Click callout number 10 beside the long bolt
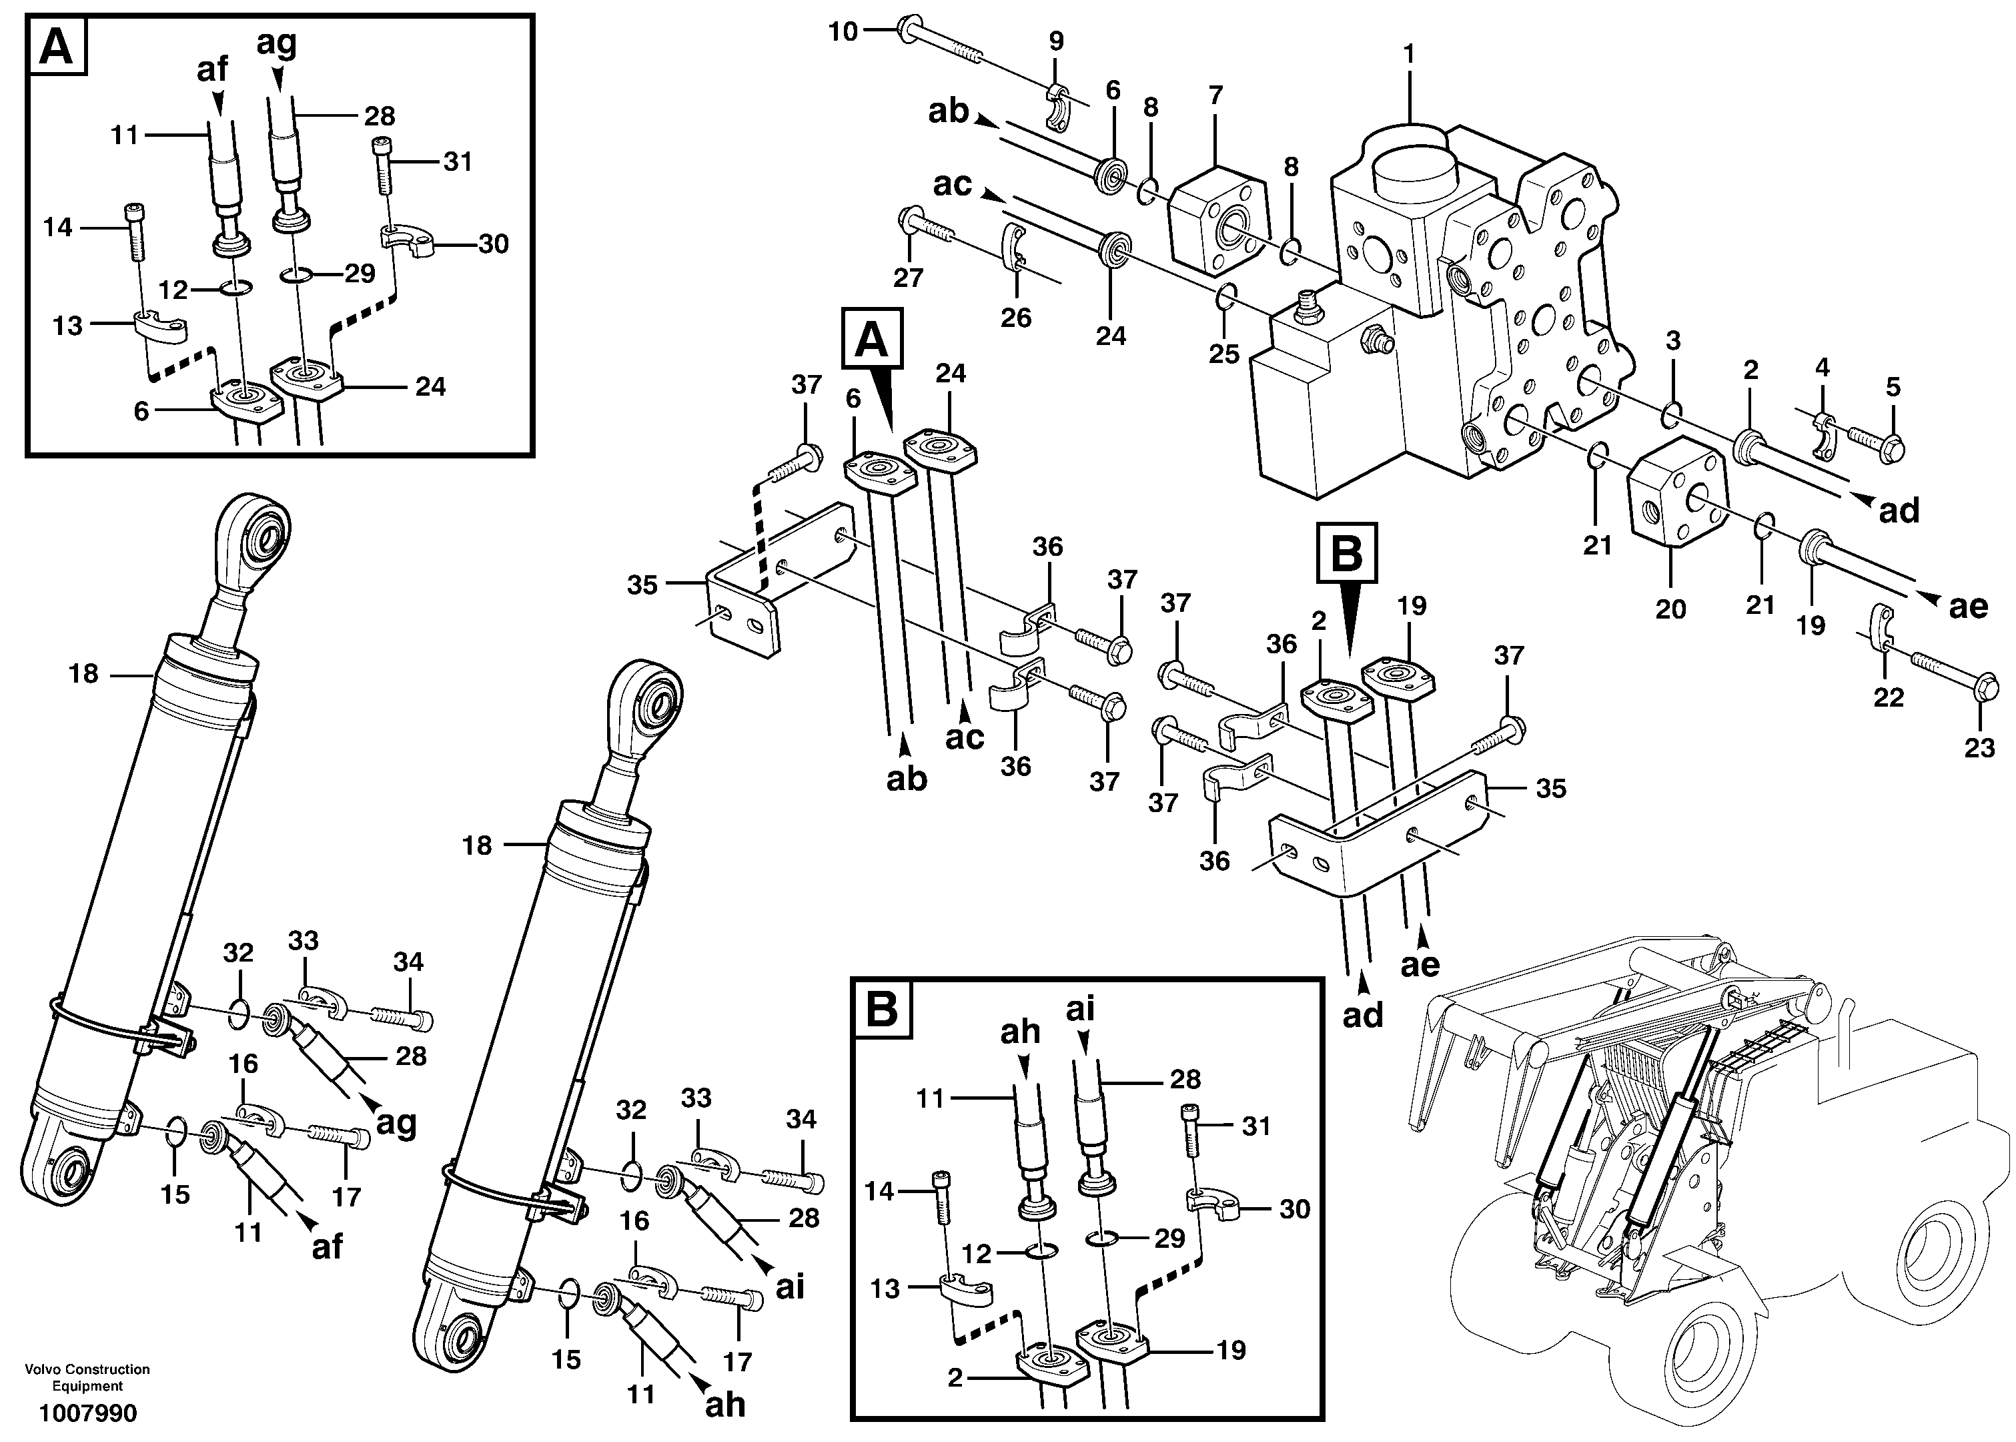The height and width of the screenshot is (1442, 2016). click(x=843, y=32)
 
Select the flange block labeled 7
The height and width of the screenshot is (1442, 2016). click(x=1217, y=218)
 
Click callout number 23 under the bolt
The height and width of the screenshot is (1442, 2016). click(x=1979, y=747)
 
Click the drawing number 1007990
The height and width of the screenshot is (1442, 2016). click(x=87, y=1413)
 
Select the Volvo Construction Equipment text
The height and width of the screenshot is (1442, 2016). click(x=87, y=1377)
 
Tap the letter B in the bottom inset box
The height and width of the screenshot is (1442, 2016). click(x=881, y=1009)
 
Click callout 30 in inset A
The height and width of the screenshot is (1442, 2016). click(x=493, y=244)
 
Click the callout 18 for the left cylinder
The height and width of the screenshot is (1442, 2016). click(x=83, y=675)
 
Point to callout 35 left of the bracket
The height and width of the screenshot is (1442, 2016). click(x=642, y=585)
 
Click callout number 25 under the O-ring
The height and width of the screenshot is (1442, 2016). click(x=1224, y=354)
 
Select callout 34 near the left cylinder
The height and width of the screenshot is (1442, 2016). click(x=408, y=961)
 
